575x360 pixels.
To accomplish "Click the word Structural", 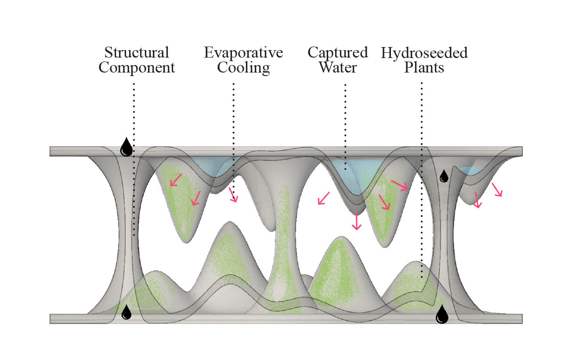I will click(137, 53).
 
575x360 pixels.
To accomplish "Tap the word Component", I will click(137, 68).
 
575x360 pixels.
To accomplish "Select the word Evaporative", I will click(243, 53).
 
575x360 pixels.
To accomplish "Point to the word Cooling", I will click(243, 68).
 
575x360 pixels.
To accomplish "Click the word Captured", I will click(337, 53).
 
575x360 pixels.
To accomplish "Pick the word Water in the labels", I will click(337, 68).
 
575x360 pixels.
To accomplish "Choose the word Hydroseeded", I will click(424, 53).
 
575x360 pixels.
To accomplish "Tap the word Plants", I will click(424, 68).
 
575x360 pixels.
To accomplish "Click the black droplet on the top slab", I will click(127, 147).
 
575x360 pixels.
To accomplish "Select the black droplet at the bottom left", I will click(127, 312).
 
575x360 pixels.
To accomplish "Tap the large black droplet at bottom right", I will click(441, 314).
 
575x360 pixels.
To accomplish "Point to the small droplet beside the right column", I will click(445, 176).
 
